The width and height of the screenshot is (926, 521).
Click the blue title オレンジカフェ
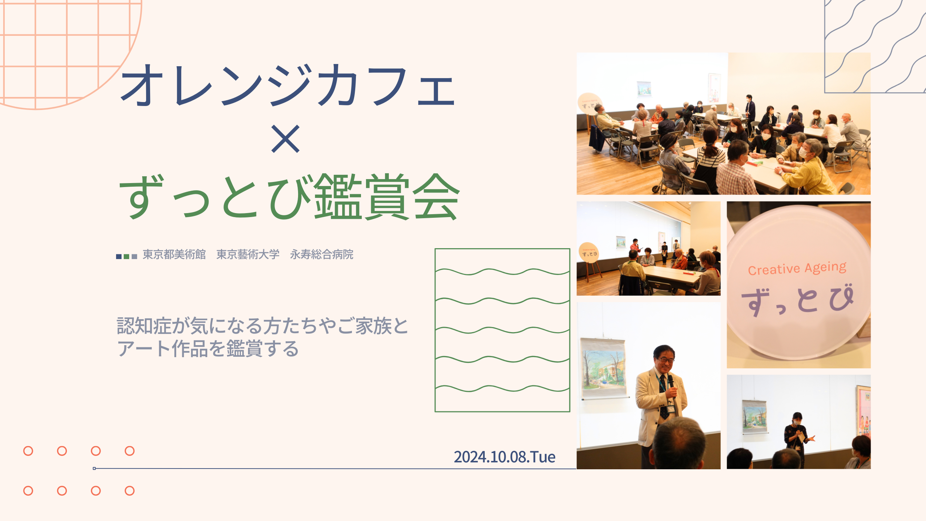point(288,85)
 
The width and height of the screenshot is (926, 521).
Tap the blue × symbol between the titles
point(285,139)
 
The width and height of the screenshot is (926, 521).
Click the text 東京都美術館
point(174,254)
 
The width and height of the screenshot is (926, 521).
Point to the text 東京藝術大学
point(248,254)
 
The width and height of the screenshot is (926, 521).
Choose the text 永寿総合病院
point(322,254)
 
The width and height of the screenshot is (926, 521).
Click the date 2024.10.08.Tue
point(505,457)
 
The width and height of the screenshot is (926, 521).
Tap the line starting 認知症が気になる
point(263,326)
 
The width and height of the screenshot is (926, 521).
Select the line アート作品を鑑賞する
point(208,349)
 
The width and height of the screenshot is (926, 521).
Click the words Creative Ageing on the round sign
point(797,268)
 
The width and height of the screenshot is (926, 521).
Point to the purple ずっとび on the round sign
point(798,300)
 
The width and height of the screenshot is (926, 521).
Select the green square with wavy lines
point(502,330)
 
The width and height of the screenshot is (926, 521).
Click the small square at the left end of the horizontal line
point(94,469)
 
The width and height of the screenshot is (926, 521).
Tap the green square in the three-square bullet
point(127,257)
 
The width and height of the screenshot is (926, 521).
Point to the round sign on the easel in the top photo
point(590,104)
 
